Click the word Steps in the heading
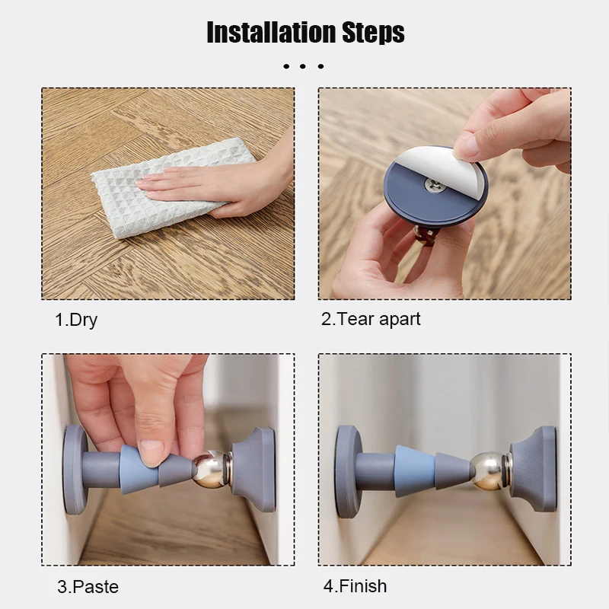pos(373,33)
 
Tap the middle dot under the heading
pos(303,66)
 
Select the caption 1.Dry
pos(76,320)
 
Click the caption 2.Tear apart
pos(371,319)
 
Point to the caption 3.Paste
pos(88,586)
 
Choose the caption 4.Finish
pos(355,586)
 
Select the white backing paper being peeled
pos(427,163)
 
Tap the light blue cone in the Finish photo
pos(414,470)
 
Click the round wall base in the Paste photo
pos(74,470)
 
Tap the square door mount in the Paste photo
pos(254,470)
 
